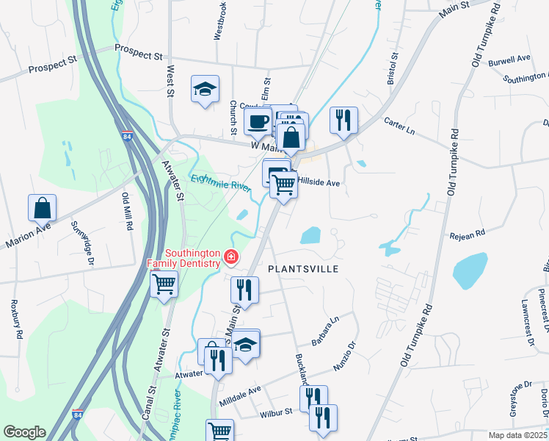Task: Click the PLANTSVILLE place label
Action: (x=302, y=269)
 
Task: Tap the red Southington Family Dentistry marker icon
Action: (x=230, y=257)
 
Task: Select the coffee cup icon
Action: (x=258, y=121)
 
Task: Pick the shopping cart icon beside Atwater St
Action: (x=164, y=283)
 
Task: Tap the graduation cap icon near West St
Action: (x=205, y=90)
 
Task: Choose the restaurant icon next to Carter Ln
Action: (x=343, y=119)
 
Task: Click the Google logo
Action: (x=24, y=432)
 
